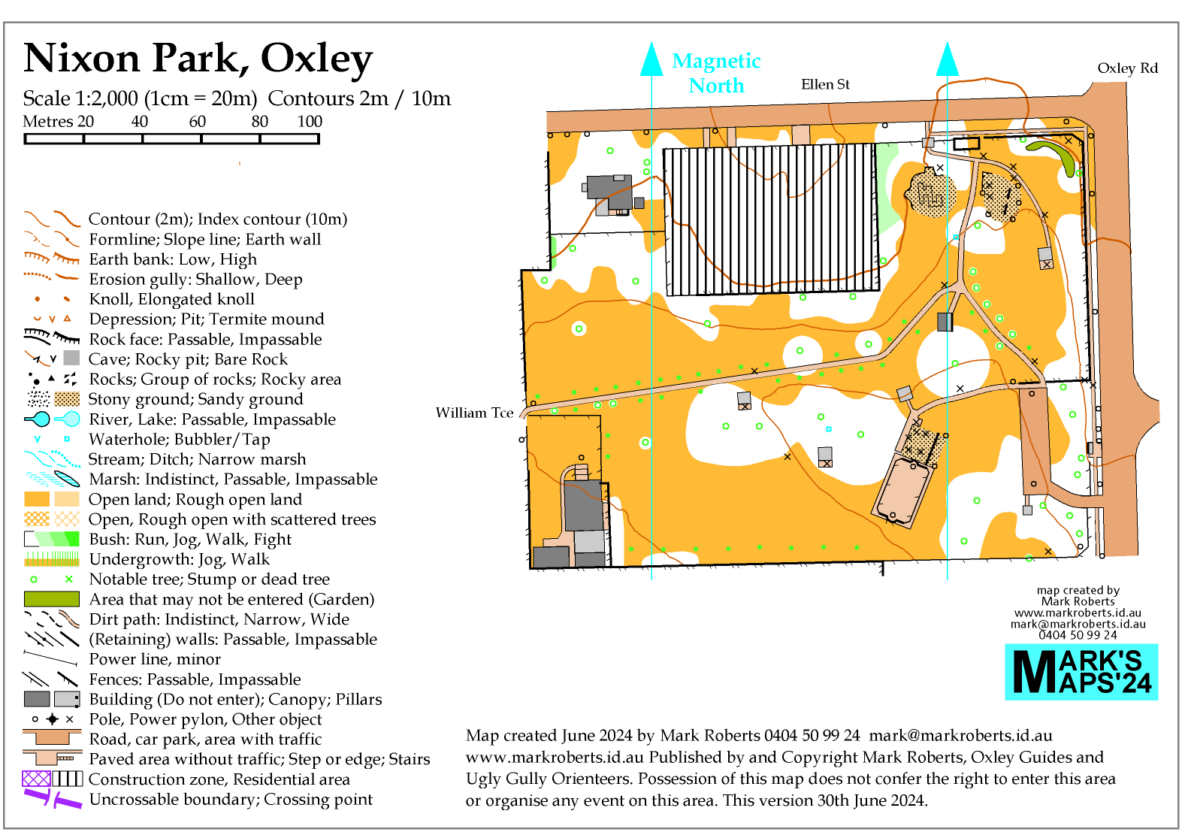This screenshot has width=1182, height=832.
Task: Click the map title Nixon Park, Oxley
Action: [x=198, y=59]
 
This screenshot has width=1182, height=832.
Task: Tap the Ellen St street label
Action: [x=825, y=84]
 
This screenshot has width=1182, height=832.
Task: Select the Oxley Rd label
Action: [x=1128, y=68]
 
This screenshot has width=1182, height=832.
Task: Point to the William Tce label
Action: [x=474, y=413]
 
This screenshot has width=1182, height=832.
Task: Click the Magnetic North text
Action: [x=716, y=74]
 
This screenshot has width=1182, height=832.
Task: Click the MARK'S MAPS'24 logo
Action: [x=1081, y=672]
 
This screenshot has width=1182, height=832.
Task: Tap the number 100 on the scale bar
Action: [x=310, y=122]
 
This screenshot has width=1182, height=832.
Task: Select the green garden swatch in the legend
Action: [x=52, y=599]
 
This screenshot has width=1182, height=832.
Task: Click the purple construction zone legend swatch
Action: [x=36, y=779]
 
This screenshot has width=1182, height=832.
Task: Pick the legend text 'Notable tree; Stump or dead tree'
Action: [x=210, y=579]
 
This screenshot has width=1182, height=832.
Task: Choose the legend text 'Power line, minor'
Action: [x=155, y=659]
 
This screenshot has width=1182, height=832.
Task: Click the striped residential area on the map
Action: [x=771, y=219]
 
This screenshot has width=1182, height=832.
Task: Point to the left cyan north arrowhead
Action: [x=651, y=59]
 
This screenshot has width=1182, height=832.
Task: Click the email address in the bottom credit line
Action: [x=960, y=735]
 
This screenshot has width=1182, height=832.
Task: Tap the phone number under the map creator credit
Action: [x=1078, y=635]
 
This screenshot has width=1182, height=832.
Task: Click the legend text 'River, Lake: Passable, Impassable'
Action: [x=212, y=419]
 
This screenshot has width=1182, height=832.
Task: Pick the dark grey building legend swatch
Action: [x=37, y=699]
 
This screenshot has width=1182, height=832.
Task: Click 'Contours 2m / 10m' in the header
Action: [x=359, y=98]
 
